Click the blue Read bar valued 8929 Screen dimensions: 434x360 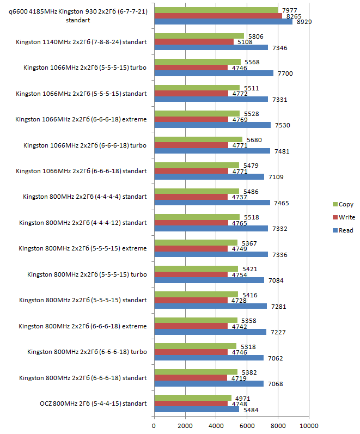223,22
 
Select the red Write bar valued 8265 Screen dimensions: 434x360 218,16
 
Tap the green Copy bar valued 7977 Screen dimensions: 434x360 216,10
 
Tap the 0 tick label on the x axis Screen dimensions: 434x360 154,425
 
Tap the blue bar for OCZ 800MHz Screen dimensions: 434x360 197,409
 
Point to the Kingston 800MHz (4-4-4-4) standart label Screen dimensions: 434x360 85,197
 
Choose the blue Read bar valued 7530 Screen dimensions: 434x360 212,125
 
